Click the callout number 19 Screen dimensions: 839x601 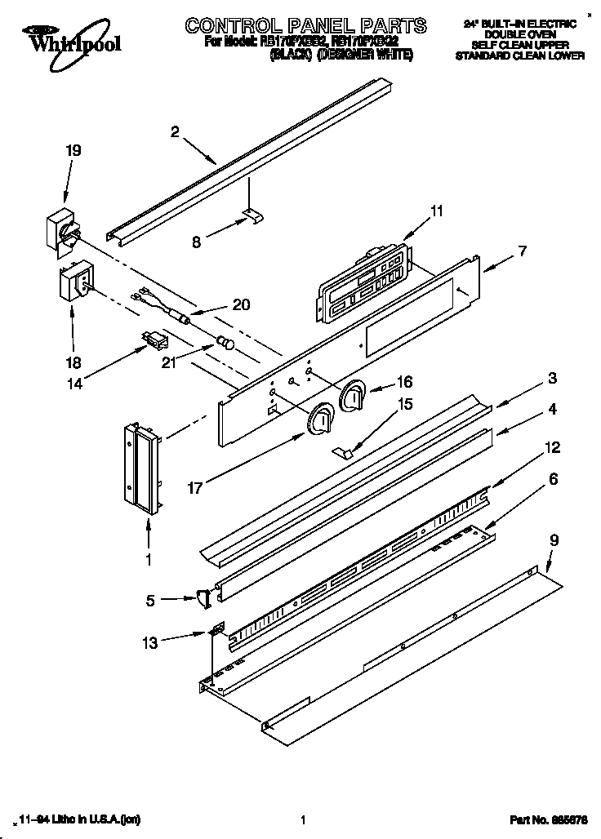(x=73, y=150)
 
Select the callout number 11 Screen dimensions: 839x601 (x=437, y=211)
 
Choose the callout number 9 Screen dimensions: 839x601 (x=554, y=539)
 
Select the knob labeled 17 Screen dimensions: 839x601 (x=320, y=420)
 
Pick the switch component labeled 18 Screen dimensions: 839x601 (x=75, y=282)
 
